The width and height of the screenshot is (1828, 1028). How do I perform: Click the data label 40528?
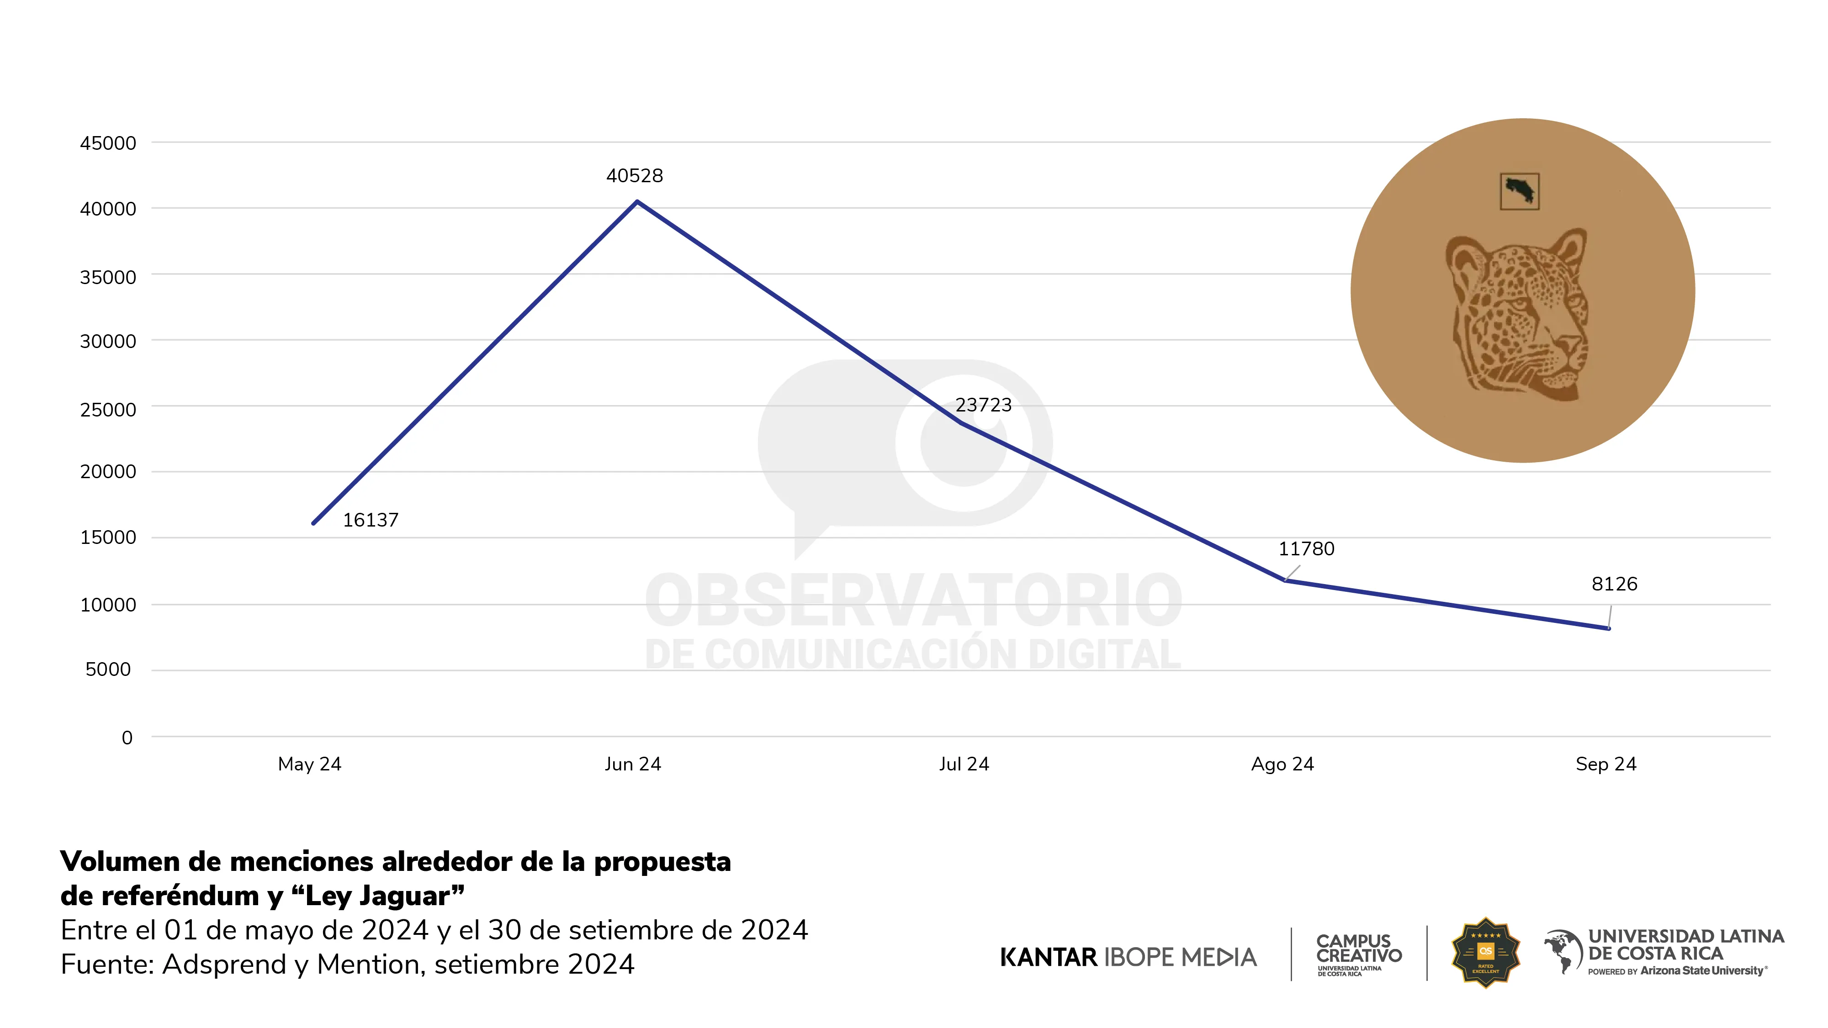635,176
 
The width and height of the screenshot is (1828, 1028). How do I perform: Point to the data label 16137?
371,520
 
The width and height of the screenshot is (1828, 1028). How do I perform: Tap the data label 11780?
1306,549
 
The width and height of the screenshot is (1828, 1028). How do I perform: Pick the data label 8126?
1614,585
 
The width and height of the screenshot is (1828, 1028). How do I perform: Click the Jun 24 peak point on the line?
637,202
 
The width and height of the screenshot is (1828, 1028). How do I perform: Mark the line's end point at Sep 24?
1608,628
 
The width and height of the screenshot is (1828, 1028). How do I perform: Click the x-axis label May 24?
309,764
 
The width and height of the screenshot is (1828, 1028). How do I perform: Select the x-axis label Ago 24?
1282,764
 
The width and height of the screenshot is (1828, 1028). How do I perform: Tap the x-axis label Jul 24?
964,764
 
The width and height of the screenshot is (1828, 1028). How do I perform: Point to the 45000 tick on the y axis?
108,143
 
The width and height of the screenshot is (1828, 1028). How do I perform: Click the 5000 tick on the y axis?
108,670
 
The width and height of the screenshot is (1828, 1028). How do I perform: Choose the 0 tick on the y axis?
127,738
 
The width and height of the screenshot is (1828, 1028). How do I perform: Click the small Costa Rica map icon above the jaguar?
1519,191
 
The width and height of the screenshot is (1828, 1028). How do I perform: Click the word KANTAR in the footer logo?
1048,957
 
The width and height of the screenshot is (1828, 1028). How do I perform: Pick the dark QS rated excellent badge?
1485,953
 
